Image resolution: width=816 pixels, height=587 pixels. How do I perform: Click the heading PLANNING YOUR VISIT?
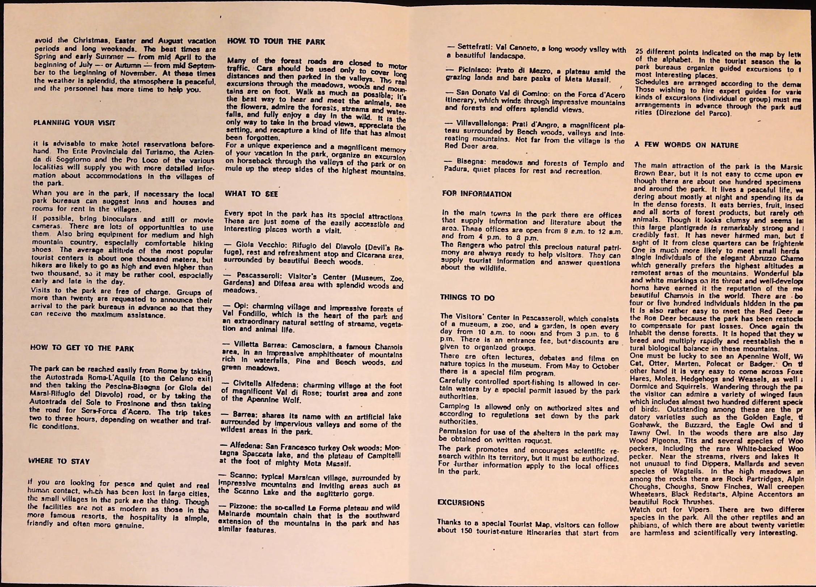tap(74, 123)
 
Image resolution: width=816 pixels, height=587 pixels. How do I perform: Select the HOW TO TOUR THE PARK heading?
tap(276, 42)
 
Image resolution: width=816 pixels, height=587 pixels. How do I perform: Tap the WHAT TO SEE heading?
tap(251, 194)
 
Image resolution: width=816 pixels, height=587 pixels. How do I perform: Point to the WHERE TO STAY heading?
tap(59, 461)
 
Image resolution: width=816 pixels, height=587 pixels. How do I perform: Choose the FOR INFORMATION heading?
tap(477, 194)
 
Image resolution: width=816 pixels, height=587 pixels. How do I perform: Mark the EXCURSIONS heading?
tap(461, 503)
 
